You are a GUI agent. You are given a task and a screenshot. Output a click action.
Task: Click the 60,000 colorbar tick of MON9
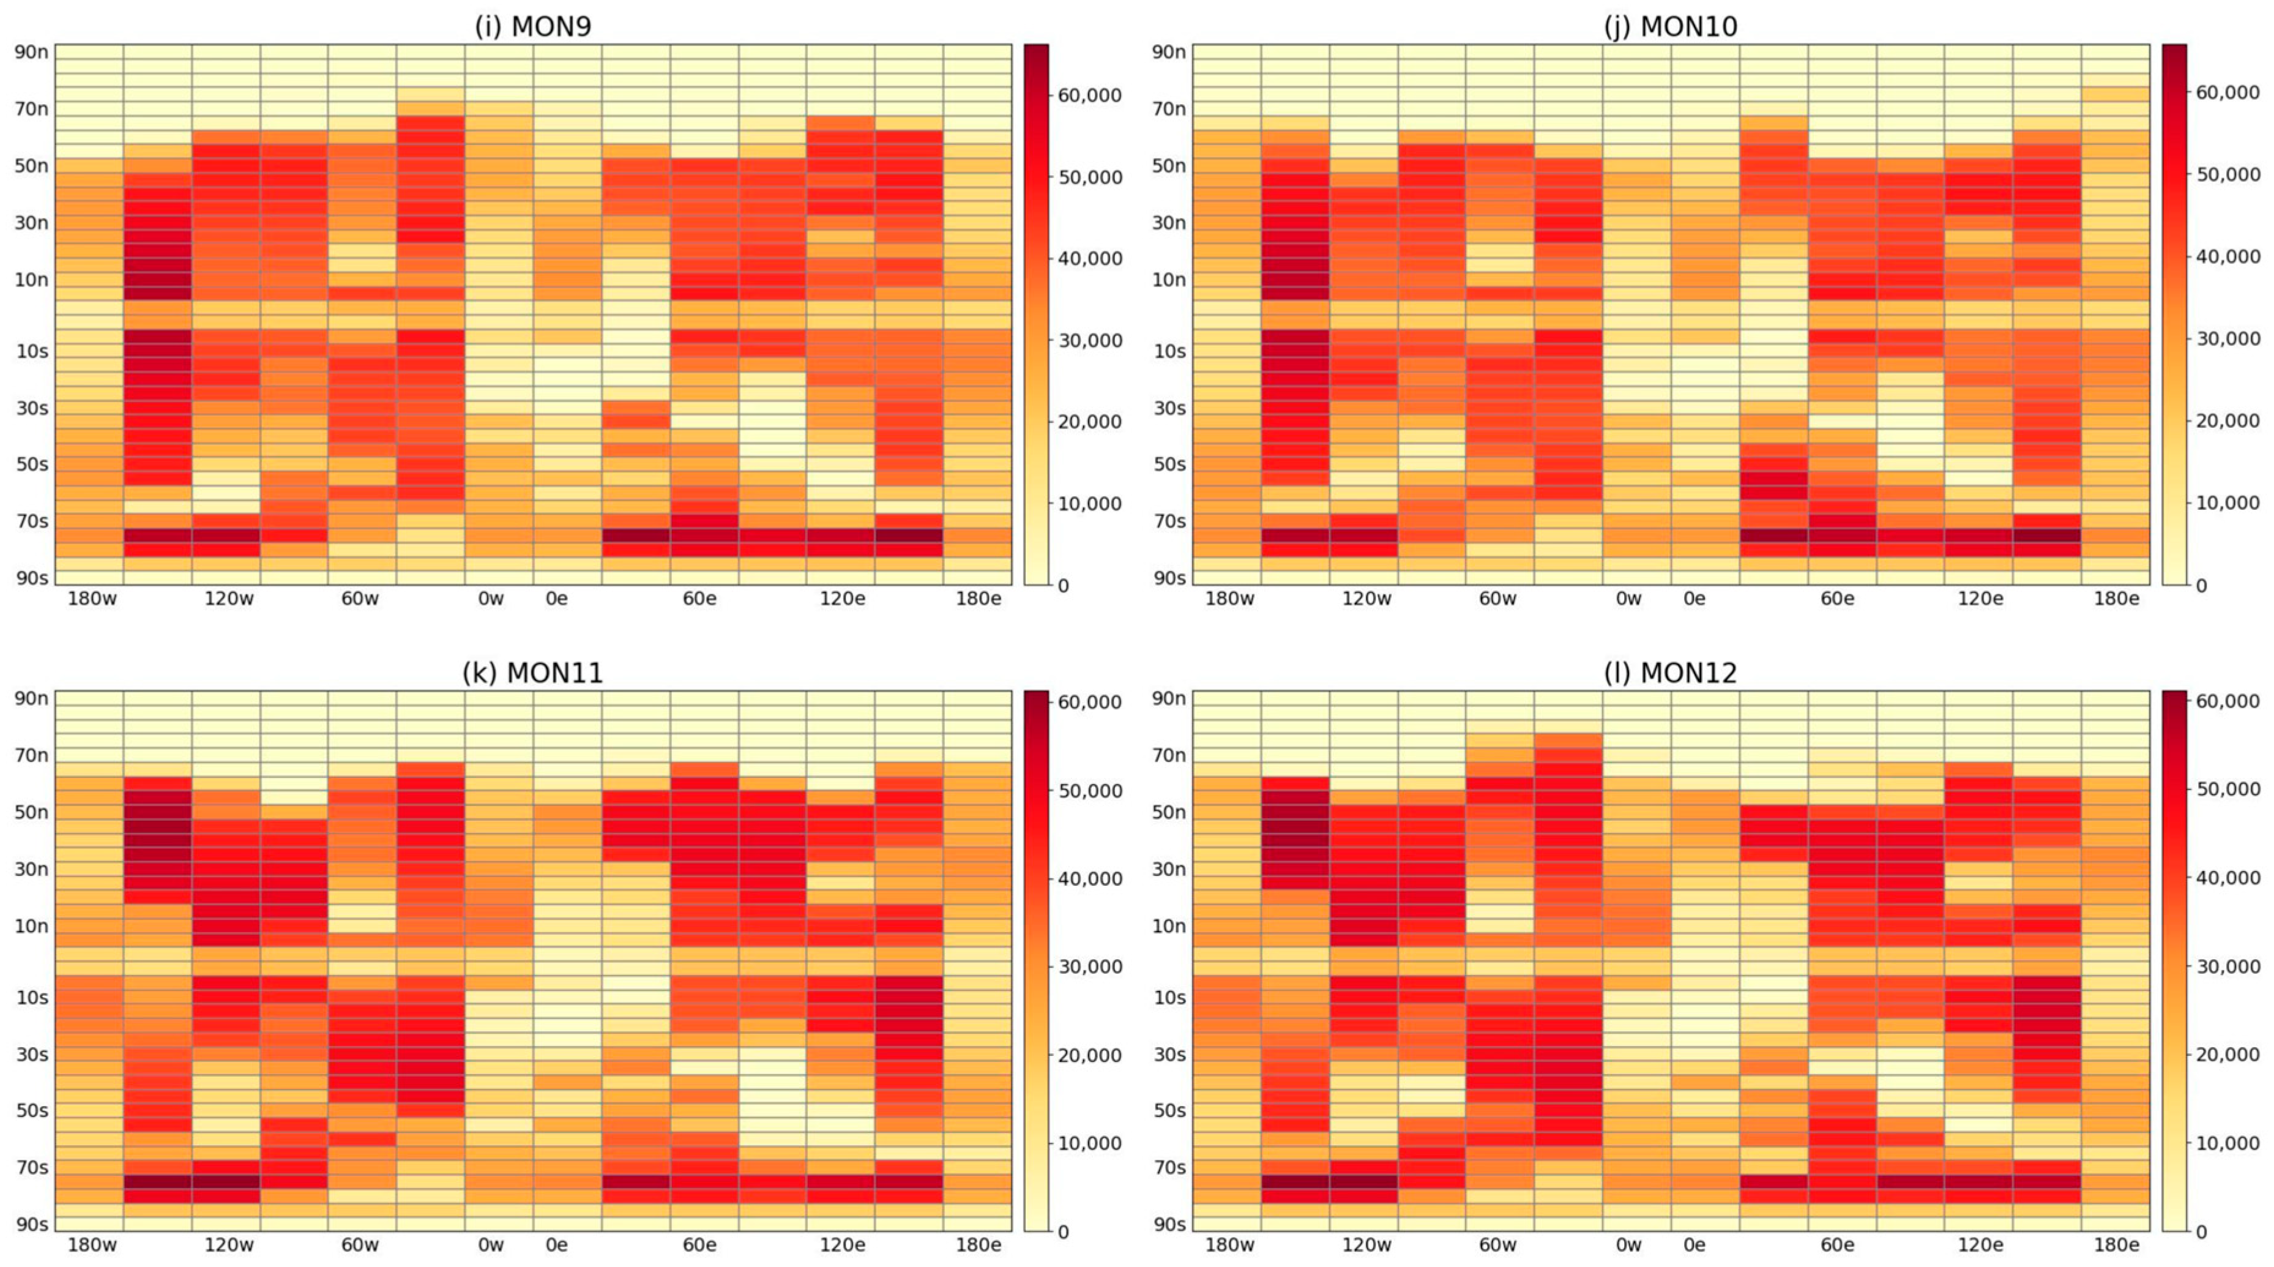(1089, 95)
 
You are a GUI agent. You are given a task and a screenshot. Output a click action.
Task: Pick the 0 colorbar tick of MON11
(1063, 1231)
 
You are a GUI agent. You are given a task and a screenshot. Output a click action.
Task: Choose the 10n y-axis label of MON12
(1169, 926)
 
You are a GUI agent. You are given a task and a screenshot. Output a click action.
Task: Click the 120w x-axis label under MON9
(229, 599)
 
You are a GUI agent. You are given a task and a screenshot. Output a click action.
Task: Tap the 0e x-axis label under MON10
(1694, 599)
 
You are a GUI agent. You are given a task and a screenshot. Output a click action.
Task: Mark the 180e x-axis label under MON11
(978, 1245)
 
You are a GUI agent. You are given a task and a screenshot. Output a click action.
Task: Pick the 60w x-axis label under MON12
(1497, 1245)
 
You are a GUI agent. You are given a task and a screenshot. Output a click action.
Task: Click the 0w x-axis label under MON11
(491, 1245)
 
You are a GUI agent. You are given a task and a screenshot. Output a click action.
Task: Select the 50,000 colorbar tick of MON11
(1089, 791)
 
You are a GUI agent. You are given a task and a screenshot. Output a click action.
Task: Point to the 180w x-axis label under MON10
(1229, 599)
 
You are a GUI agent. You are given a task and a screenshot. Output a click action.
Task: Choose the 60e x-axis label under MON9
(699, 599)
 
